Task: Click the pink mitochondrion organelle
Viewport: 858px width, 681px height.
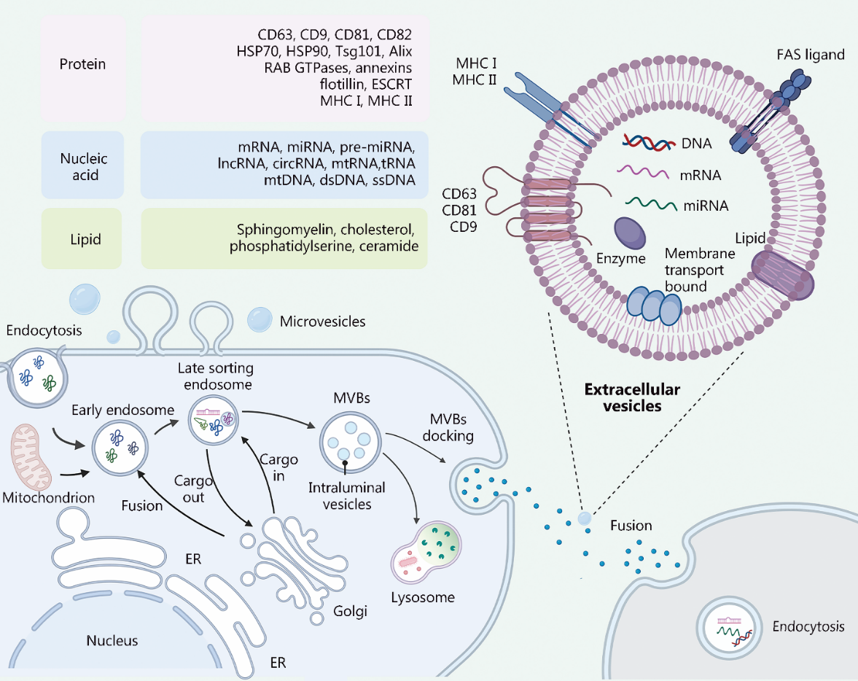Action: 32,456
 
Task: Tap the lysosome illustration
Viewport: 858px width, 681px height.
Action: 426,552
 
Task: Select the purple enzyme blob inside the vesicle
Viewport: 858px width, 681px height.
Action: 630,233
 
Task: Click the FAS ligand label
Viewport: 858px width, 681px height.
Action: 811,55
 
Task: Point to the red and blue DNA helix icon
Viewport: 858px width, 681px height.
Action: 649,143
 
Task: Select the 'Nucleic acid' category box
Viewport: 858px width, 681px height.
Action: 82,165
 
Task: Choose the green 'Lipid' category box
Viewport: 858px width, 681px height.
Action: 82,238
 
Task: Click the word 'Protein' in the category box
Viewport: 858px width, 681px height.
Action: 82,64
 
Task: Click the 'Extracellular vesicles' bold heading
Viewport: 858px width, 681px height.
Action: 632,397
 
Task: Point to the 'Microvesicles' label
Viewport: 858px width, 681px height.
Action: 322,322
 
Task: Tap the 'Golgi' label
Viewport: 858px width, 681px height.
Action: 350,611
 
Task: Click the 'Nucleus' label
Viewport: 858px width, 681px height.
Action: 112,640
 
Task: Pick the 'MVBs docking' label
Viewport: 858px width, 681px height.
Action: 448,427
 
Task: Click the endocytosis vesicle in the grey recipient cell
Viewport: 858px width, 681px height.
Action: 729,628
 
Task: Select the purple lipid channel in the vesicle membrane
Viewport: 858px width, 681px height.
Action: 782,276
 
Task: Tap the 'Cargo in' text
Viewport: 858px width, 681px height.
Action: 278,467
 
